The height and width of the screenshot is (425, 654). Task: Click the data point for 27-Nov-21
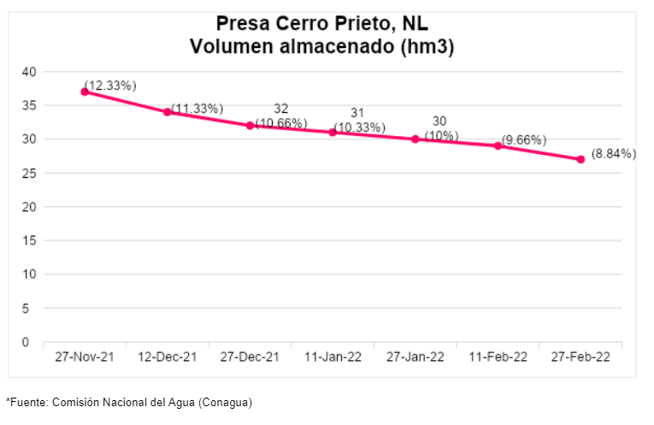coord(85,91)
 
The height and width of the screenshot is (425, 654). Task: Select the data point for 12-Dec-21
coord(168,112)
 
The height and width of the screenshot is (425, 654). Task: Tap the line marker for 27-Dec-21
coord(250,126)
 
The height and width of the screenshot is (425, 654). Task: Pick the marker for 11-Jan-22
coord(333,132)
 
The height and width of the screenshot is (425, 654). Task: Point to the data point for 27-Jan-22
coord(415,139)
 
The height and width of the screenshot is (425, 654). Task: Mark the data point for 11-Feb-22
coord(498,145)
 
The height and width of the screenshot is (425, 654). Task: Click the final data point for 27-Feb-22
coord(580,159)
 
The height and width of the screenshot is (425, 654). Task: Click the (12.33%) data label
coord(110,86)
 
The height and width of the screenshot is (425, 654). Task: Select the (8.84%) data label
coord(614,154)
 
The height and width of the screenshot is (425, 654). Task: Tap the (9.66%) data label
coord(525,140)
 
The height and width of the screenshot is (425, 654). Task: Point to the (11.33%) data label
coord(197,109)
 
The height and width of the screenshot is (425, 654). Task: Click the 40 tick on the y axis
coord(28,72)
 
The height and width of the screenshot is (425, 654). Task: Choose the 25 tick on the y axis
coord(28,173)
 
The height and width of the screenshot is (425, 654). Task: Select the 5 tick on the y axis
coord(32,308)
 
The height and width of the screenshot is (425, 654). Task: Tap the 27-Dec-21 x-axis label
coord(250,357)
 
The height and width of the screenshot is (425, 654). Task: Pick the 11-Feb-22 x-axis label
coord(498,357)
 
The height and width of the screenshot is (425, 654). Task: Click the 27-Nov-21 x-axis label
coord(84,357)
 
